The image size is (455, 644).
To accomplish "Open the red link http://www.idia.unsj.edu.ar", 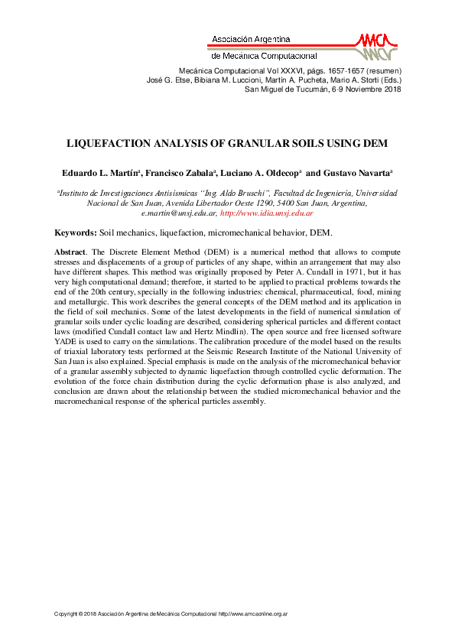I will [x=266, y=213].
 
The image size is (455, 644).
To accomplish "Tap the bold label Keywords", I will [x=75, y=232].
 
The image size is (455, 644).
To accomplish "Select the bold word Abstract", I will [x=70, y=252].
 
